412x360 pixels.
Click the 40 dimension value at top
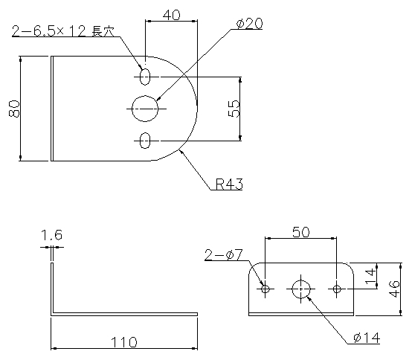[x=172, y=15]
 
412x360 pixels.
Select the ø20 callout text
[x=249, y=24]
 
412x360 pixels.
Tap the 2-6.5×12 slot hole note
[x=63, y=31]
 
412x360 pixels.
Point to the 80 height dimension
[x=14, y=109]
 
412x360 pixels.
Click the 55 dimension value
[x=234, y=109]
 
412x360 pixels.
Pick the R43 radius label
[x=229, y=184]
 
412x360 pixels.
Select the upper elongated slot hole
[x=145, y=77]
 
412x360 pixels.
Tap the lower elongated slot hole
[x=145, y=141]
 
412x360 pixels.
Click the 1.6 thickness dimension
[x=52, y=235]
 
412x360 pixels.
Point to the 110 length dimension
[x=124, y=342]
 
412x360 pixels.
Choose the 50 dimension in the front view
[x=301, y=232]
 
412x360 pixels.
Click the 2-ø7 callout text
[x=224, y=255]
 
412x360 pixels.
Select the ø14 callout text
[x=367, y=338]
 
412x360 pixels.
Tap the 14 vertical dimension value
[x=370, y=276]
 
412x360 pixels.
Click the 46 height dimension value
[x=393, y=289]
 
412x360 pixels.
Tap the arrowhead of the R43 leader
[x=181, y=152]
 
